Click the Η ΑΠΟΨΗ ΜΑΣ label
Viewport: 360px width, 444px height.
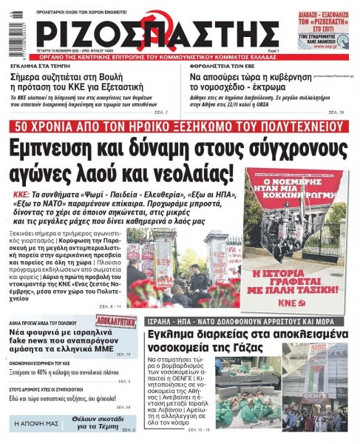35,424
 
